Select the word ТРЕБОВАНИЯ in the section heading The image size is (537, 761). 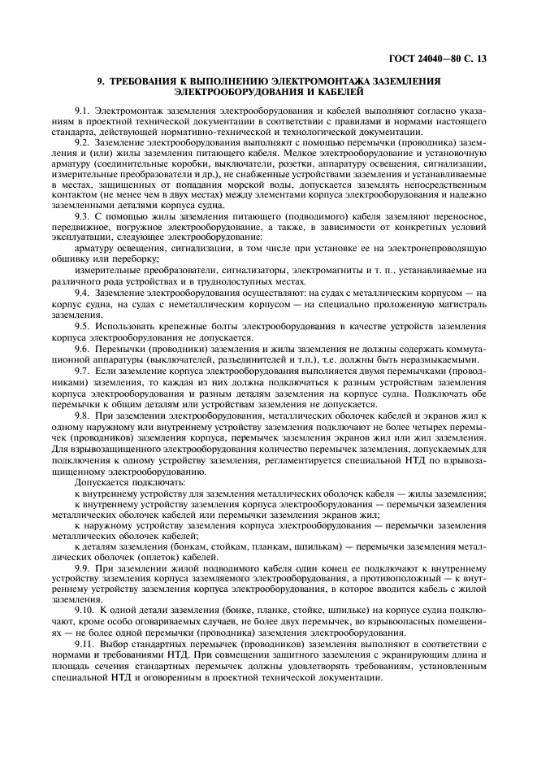coord(148,82)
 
